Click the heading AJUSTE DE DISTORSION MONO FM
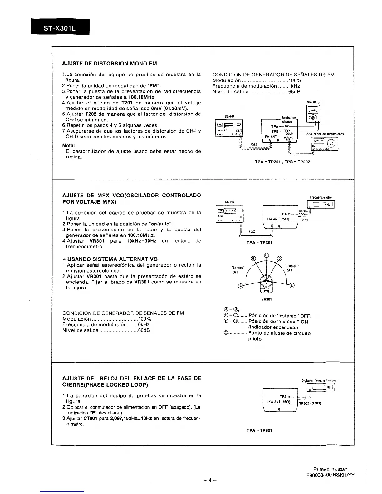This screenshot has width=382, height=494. click(x=109, y=64)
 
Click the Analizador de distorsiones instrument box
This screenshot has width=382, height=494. click(x=325, y=144)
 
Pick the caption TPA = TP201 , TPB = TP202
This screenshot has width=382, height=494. click(x=282, y=162)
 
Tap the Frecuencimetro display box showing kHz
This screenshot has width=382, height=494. click(x=321, y=205)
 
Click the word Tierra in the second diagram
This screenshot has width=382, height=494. click(x=304, y=220)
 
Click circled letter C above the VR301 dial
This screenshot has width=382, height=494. click(x=266, y=255)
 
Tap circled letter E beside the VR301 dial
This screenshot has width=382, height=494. click(x=292, y=286)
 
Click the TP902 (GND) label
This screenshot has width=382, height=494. click(x=310, y=403)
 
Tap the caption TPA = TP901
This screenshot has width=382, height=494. click(x=259, y=430)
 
